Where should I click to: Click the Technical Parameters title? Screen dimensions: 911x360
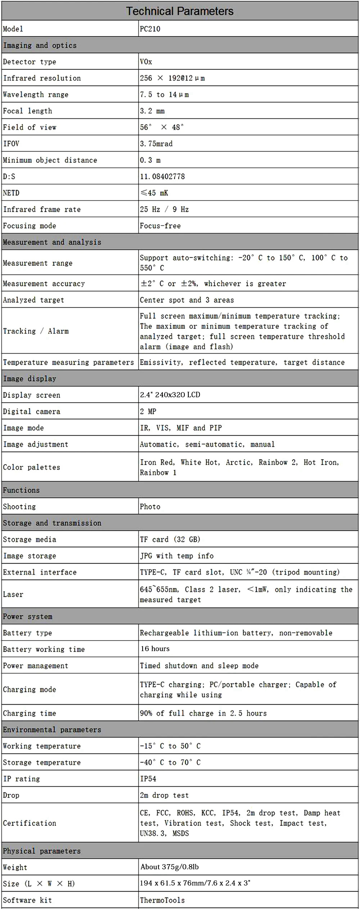(180, 11)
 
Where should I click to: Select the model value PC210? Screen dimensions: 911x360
(150, 29)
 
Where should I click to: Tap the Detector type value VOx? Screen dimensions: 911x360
(146, 62)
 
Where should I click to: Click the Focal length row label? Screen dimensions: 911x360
(27, 111)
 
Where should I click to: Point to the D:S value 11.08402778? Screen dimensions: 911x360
(162, 176)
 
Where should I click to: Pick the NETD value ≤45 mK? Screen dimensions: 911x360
(154, 193)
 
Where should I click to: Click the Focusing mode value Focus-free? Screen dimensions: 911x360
(160, 226)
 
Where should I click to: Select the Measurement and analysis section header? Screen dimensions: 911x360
(52, 242)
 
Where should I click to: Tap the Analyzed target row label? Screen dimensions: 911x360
(33, 300)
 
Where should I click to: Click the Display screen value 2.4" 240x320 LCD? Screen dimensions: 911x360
(170, 395)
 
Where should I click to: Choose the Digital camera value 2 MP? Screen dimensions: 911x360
(148, 411)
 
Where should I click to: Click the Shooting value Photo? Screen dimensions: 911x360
(150, 507)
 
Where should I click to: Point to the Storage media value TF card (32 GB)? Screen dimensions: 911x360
(170, 539)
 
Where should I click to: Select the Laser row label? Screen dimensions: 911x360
(13, 594)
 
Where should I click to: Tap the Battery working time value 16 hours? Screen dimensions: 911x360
(155, 649)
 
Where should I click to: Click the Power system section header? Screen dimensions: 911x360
(28, 616)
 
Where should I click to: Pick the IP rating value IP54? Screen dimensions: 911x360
(148, 778)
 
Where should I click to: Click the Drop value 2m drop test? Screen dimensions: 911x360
(164, 795)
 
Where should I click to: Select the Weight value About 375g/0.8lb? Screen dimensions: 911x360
(170, 867)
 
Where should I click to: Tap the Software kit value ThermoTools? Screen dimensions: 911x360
(162, 900)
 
